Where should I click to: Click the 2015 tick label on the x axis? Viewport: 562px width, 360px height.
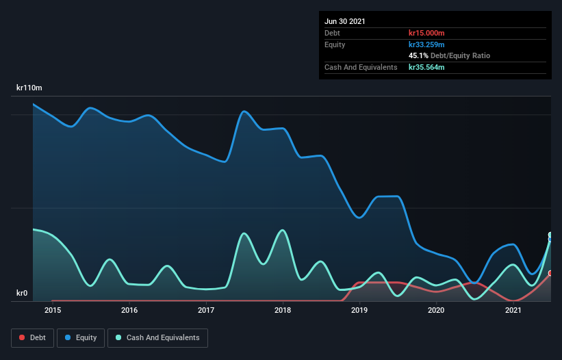coord(53,311)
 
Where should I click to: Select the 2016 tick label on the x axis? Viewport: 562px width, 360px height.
coord(129,311)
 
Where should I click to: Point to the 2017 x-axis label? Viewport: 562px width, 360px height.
coord(206,311)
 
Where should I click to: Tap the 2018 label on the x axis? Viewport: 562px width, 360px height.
coord(283,311)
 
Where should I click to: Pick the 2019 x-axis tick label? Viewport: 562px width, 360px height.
coord(359,311)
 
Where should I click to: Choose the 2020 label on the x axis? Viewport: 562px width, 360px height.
coord(436,311)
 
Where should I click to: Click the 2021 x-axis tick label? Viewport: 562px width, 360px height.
coord(513,311)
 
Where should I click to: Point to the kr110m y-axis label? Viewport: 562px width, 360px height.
coord(29,88)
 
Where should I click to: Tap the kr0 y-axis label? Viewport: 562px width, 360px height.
coord(23,294)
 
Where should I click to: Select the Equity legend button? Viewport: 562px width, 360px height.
coord(81,337)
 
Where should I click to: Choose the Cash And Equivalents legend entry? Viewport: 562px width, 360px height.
coord(157,337)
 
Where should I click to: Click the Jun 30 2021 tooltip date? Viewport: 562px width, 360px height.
coord(345,21)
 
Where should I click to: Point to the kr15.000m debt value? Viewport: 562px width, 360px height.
coord(427,33)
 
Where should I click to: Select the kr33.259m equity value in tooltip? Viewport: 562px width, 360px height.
coord(426,44)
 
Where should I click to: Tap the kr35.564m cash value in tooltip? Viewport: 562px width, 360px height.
coord(426,67)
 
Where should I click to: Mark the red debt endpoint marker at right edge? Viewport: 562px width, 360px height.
coord(550,273)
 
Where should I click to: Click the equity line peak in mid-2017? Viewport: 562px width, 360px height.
coord(244,111)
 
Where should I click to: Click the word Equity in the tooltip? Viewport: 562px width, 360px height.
coord(335,44)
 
